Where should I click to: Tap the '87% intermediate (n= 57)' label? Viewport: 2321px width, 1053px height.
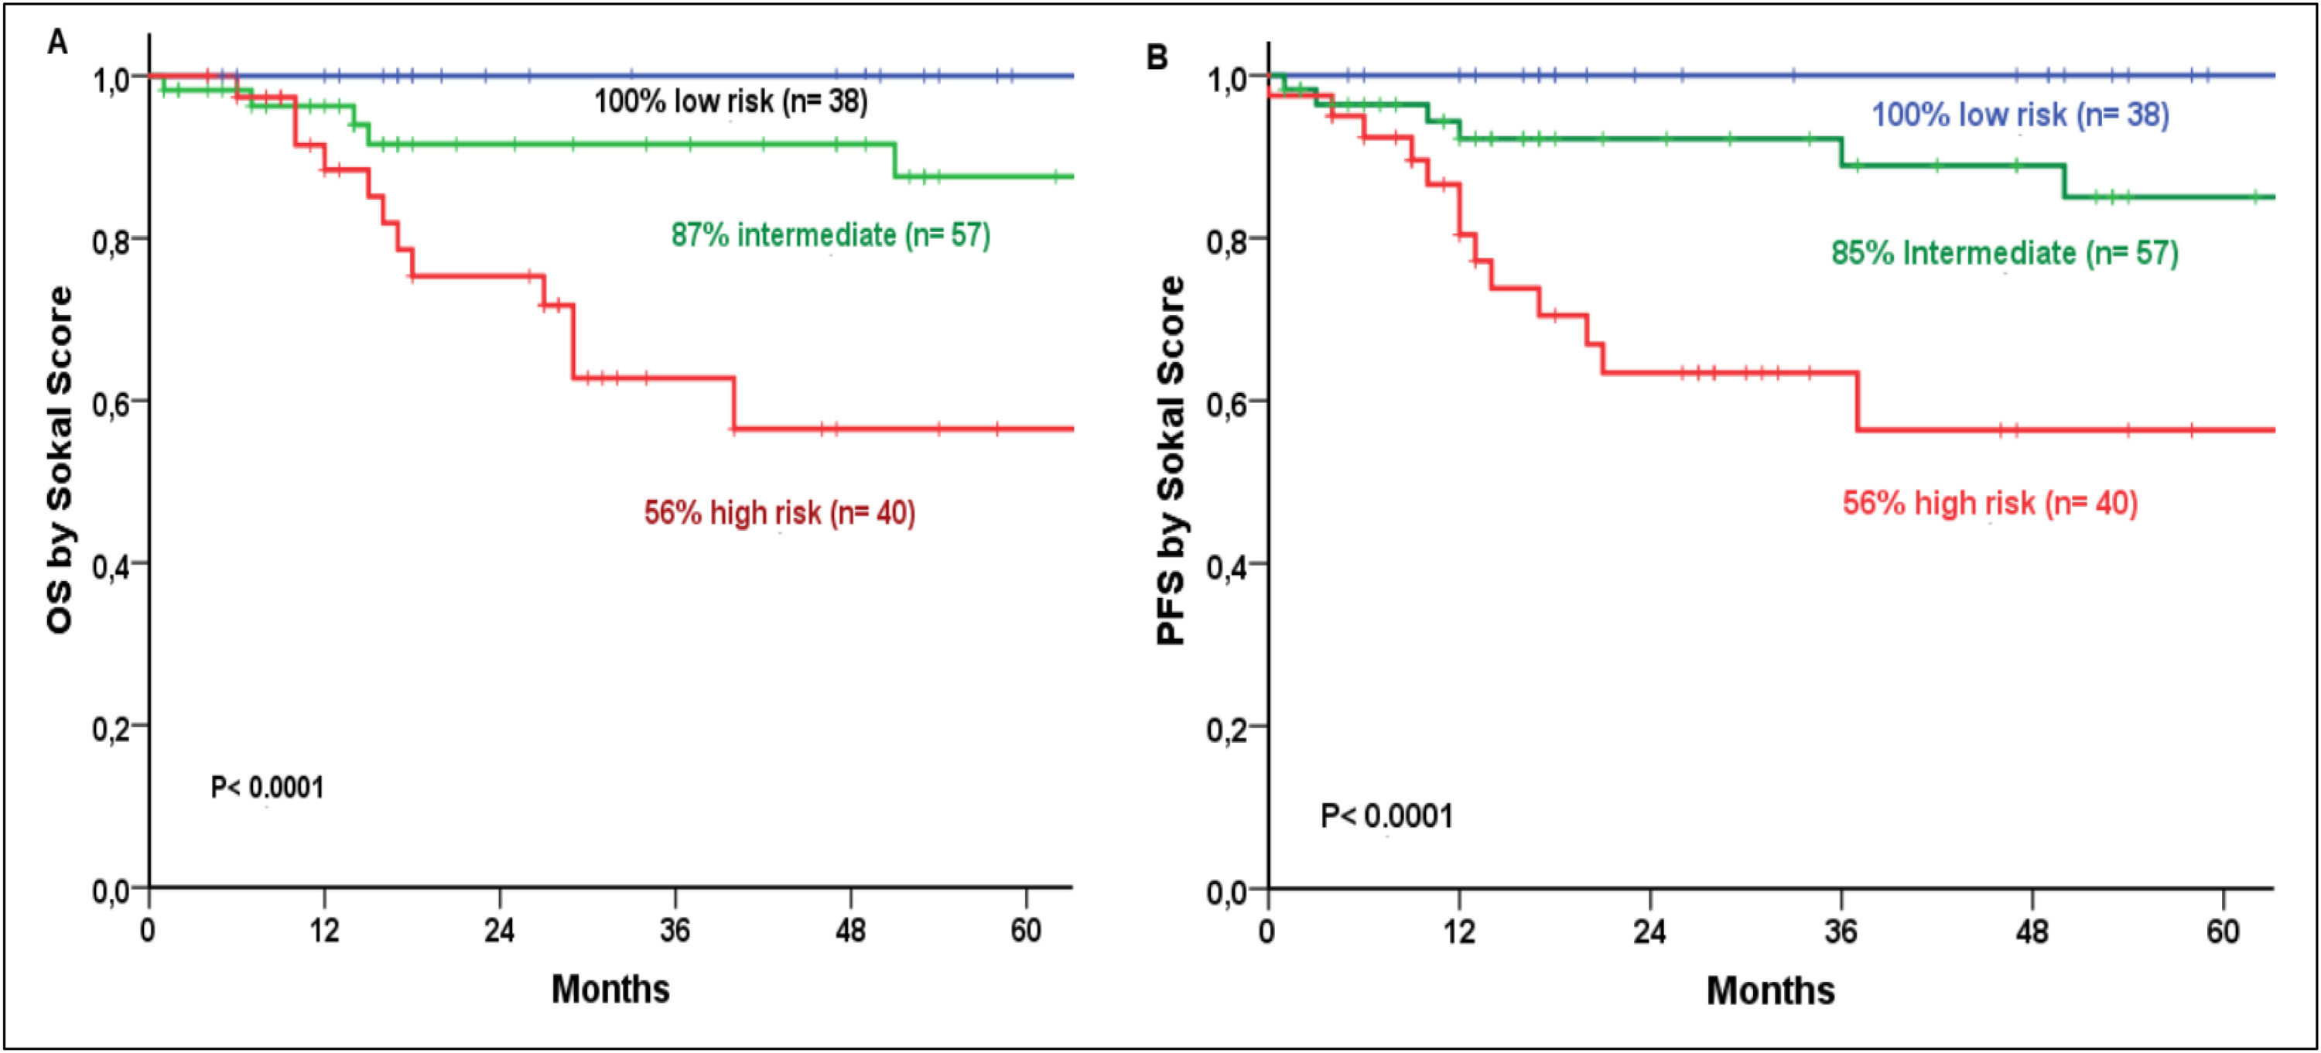pos(830,235)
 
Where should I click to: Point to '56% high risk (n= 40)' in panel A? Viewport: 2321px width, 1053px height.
pos(779,512)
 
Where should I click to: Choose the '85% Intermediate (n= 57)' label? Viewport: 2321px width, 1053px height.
pos(2005,253)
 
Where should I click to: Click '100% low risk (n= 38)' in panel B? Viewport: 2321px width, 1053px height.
pos(2020,115)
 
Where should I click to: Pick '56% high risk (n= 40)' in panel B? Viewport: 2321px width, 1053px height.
pos(1989,503)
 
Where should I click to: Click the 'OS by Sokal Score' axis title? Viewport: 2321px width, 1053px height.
pos(60,460)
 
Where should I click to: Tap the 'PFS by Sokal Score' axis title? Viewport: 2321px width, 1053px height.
pos(1171,460)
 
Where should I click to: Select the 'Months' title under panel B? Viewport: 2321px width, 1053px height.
pos(1770,991)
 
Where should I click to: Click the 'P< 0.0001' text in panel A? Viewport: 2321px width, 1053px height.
pos(267,788)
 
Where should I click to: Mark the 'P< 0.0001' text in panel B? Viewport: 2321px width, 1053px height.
pos(1386,817)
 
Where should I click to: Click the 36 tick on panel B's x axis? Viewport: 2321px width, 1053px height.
pos(1841,931)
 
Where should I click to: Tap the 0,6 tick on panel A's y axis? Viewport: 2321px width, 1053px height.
pos(114,402)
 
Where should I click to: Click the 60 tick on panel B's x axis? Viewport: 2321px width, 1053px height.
pos(2223,931)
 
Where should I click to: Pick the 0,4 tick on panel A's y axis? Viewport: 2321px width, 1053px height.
pos(114,565)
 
